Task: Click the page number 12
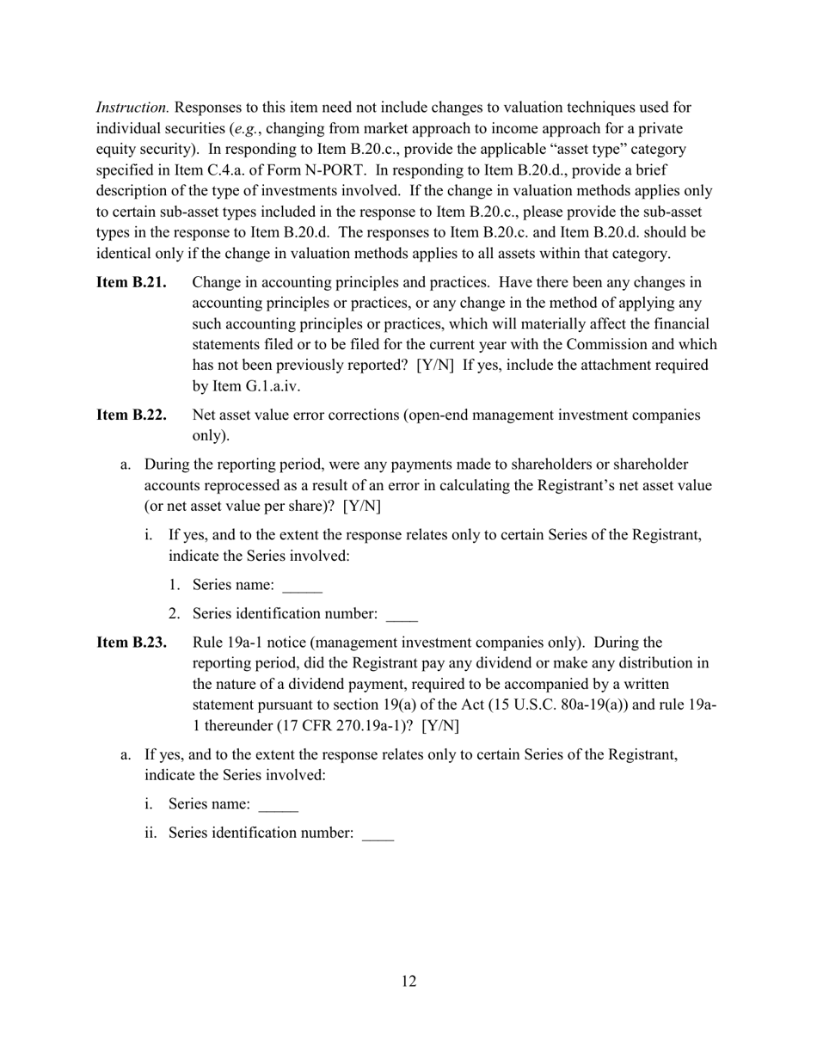coord(408,981)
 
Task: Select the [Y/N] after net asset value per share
coord(361,506)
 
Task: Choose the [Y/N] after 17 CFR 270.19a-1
coord(440,725)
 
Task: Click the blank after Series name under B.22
coord(302,587)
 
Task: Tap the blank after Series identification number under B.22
coord(402,616)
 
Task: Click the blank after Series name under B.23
coord(278,806)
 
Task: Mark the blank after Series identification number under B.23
coord(378,835)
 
